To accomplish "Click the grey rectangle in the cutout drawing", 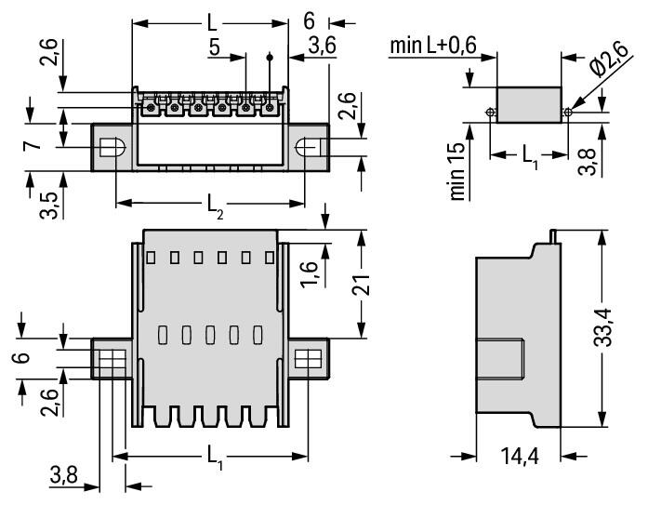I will pyautogui.click(x=529, y=104).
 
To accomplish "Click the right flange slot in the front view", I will pyautogui.click(x=308, y=148).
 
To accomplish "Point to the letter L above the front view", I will pyautogui.click(x=212, y=20).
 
